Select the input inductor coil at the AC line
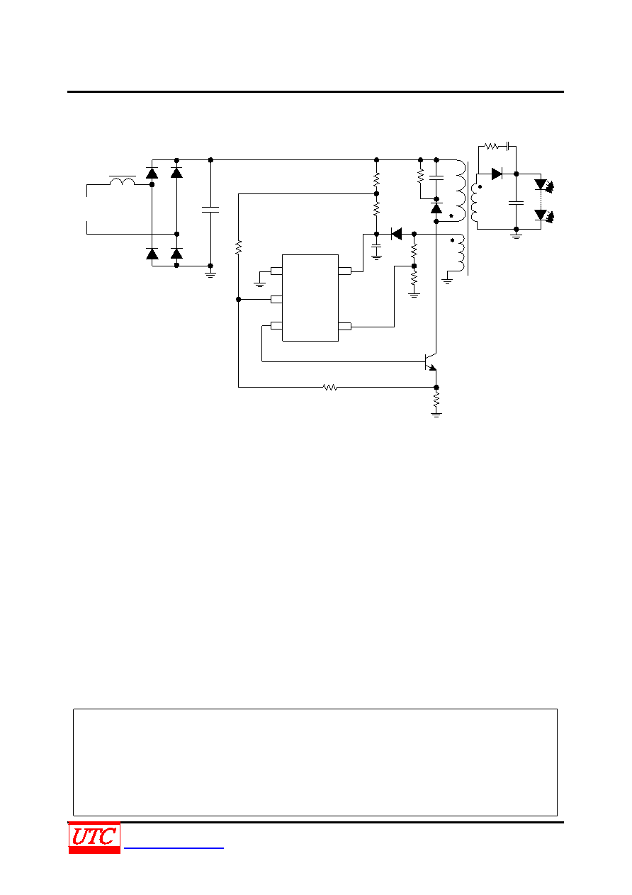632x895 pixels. [123, 181]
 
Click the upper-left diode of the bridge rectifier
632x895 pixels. [152, 173]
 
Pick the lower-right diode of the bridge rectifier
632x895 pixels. [176, 253]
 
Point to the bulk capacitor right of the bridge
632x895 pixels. [210, 210]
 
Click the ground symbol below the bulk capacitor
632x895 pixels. [210, 274]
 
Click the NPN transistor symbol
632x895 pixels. [431, 362]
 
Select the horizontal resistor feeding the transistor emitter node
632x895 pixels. [330, 387]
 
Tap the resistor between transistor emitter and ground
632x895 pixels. [436, 400]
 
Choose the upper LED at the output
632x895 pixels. [543, 184]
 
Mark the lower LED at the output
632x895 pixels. [543, 215]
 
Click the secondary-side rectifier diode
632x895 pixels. [497, 174]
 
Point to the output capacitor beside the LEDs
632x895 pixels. [516, 203]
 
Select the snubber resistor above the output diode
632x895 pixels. [491, 146]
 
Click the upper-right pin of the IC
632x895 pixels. [345, 271]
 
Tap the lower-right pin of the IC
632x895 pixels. [345, 327]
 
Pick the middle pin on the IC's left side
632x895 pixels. [276, 299]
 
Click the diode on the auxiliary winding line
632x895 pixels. [396, 234]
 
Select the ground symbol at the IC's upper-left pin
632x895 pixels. [259, 284]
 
